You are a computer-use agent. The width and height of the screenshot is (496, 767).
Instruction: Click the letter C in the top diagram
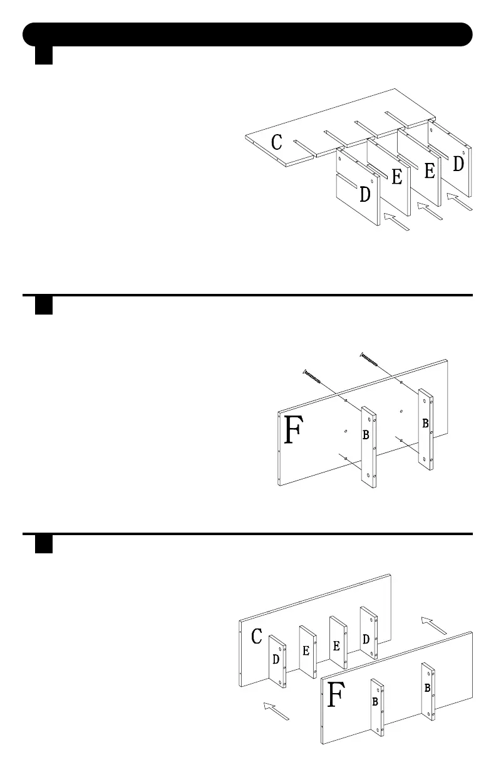[x=276, y=142]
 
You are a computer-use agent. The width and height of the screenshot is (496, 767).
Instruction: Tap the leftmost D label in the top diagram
[x=364, y=195]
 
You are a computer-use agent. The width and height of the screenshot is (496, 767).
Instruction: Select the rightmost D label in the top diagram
[x=458, y=164]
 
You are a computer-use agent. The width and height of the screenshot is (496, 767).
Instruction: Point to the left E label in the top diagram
[x=397, y=177]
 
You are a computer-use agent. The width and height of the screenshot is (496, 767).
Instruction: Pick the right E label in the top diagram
[x=430, y=171]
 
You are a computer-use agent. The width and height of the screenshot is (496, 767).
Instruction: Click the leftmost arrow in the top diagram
[x=396, y=222]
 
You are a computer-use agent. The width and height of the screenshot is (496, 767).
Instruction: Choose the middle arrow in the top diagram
[x=430, y=211]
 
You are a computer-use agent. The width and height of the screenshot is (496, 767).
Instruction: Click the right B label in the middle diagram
[x=425, y=424]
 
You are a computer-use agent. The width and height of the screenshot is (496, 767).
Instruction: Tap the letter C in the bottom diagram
[x=256, y=637]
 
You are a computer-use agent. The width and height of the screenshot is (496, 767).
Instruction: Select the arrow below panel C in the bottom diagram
[x=276, y=711]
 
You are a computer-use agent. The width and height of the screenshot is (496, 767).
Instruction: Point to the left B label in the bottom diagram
[x=375, y=702]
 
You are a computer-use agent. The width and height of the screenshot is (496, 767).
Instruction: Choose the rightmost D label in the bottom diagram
[x=366, y=639]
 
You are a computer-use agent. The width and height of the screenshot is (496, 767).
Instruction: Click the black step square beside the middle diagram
[x=43, y=305]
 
